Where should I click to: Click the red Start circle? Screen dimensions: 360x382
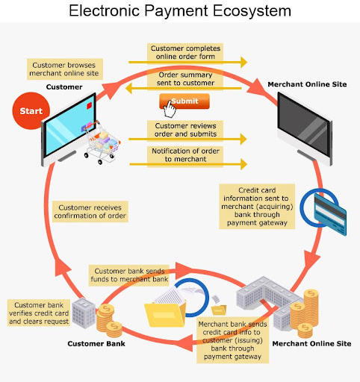[x=31, y=110]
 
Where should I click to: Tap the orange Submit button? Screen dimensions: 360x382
[x=184, y=101]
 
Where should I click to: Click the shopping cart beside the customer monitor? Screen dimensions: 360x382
[x=102, y=143]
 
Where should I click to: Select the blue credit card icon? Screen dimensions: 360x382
[x=330, y=214]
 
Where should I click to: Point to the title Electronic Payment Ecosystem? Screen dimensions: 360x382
[x=180, y=10]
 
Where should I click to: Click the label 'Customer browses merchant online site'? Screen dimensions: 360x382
[x=65, y=69]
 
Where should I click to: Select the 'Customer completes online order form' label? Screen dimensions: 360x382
[x=185, y=52]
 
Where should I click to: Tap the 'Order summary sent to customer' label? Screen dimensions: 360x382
[x=185, y=79]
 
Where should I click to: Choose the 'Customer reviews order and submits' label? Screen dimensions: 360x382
[x=185, y=130]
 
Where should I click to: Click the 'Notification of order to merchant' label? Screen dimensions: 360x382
[x=185, y=155]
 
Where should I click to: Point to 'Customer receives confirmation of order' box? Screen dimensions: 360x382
[x=90, y=211]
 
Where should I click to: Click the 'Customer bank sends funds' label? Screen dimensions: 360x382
[x=129, y=275]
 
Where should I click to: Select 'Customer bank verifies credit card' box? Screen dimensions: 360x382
[x=39, y=313]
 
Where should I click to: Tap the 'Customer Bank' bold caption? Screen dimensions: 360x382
[x=96, y=344]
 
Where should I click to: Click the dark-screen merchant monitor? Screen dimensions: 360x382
[x=305, y=128]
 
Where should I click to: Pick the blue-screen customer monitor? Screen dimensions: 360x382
[x=69, y=129]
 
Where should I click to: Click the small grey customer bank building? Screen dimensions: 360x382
[x=84, y=313]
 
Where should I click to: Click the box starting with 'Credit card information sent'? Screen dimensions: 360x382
[x=257, y=207]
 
